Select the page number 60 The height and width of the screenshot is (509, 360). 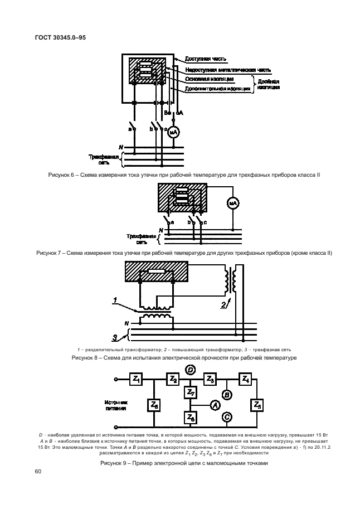[38, 472]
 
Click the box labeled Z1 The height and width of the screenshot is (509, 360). [137, 379]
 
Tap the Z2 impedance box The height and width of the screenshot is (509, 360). [173, 379]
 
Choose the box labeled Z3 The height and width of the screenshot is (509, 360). [210, 379]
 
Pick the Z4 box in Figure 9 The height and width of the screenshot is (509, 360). [245, 379]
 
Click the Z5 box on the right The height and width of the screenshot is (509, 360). [257, 405]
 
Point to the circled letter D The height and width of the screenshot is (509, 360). [190, 370]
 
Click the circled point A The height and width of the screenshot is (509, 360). [213, 405]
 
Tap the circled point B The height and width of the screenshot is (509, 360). [227, 394]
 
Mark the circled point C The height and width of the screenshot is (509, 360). [227, 416]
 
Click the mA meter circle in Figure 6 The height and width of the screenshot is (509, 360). [173, 132]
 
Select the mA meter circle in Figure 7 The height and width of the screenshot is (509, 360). [233, 204]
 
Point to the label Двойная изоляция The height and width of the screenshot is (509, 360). [269, 84]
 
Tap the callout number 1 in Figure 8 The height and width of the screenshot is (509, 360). [115, 301]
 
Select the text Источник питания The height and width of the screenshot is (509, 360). [116, 405]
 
